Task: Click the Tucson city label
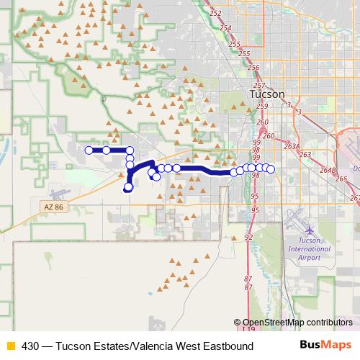[266, 94]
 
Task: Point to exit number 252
[215, 14]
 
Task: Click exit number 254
[225, 28]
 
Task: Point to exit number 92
[248, 236]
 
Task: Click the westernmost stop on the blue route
[89, 150]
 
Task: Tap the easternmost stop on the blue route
[271, 169]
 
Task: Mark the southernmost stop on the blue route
[128, 189]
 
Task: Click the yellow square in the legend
[10, 346]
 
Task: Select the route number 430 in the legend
[31, 346]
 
